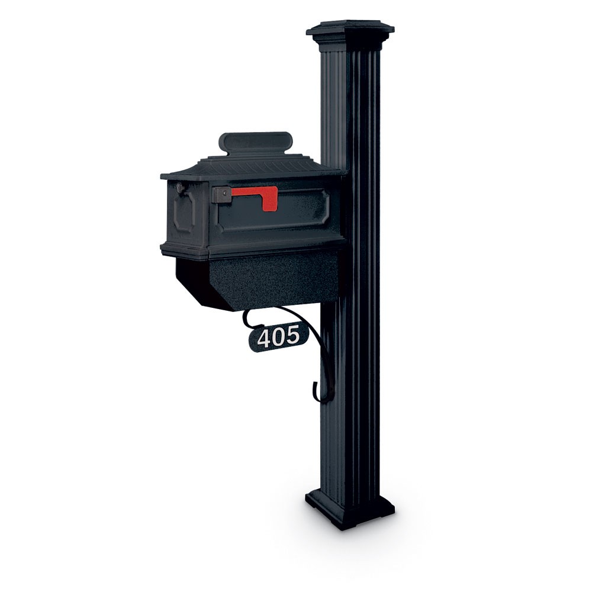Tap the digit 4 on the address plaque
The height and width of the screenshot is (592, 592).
click(265, 338)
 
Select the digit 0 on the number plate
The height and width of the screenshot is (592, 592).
click(278, 337)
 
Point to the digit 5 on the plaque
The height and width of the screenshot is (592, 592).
click(292, 336)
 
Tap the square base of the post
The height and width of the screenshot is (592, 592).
click(350, 509)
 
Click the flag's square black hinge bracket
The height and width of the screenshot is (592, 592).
click(221, 194)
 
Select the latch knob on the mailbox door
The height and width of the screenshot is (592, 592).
click(179, 188)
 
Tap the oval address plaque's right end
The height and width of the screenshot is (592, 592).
click(304, 334)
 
